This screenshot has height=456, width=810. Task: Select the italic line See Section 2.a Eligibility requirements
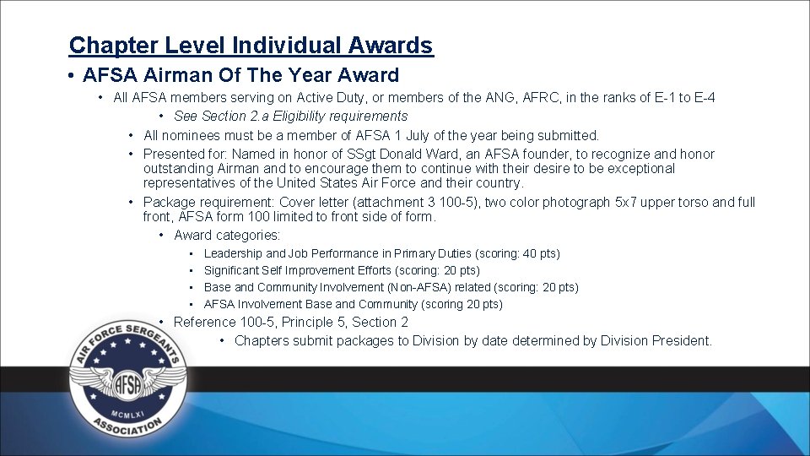[290, 117]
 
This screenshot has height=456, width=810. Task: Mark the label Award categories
[227, 236]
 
